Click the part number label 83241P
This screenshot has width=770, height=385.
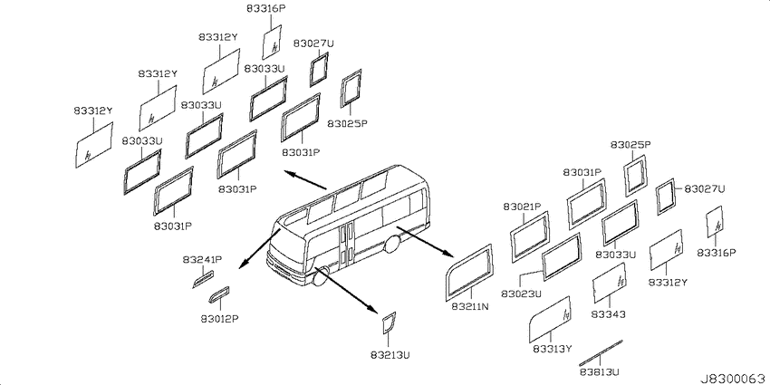[x=202, y=259]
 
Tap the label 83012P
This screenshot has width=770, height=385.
[x=219, y=319]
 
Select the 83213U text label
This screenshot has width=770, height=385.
[x=390, y=353]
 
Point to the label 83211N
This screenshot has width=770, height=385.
[x=470, y=307]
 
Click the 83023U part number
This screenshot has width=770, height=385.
[x=521, y=294]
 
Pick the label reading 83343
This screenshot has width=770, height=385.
[x=609, y=313]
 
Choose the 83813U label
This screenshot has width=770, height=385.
[x=599, y=371]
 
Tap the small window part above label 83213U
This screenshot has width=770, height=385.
[x=389, y=322]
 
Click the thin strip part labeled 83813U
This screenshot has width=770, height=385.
[x=601, y=352]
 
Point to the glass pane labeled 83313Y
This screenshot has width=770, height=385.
[x=550, y=319]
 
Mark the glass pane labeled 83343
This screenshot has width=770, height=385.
[x=609, y=283]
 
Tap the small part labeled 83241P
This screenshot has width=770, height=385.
[x=203, y=279]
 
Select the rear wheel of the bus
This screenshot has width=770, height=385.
[x=391, y=244]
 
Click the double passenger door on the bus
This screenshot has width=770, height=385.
[x=346, y=242]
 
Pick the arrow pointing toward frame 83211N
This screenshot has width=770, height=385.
[x=424, y=242]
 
